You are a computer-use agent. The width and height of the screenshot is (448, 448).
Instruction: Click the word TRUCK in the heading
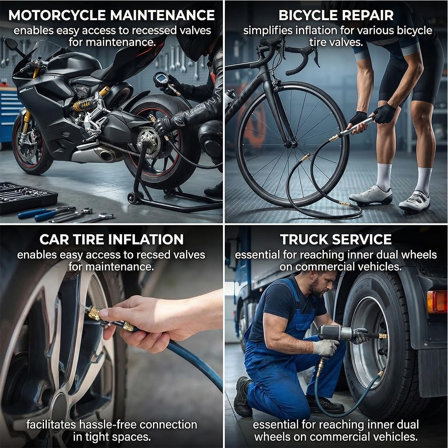click(x=303, y=239)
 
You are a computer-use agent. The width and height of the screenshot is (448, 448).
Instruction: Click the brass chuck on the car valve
click(x=93, y=313)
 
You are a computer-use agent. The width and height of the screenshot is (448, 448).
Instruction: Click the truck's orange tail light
click(x=437, y=302)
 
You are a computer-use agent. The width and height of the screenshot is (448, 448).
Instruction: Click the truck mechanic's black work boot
click(x=243, y=396)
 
